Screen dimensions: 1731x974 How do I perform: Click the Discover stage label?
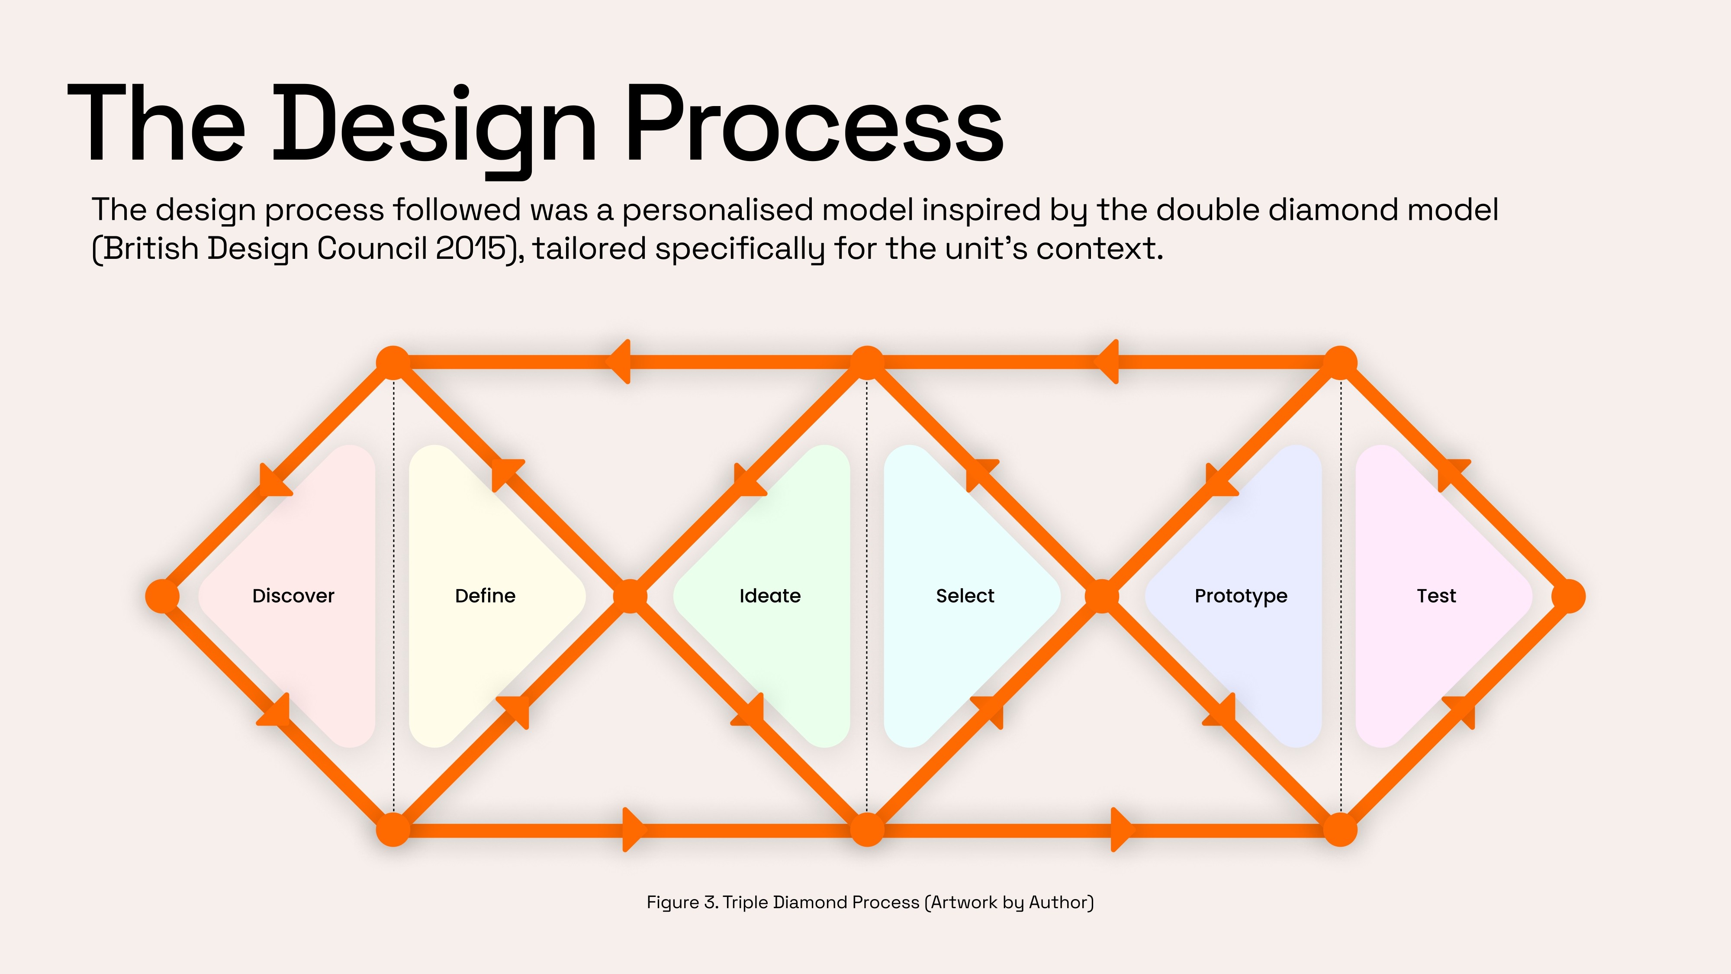point(293,596)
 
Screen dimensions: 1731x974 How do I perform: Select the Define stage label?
point(485,596)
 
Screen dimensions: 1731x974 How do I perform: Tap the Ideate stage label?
point(770,596)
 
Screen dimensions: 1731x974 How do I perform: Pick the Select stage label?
point(965,596)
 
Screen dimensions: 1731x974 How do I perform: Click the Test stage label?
point(1437,596)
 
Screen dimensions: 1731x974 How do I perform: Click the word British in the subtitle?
point(151,249)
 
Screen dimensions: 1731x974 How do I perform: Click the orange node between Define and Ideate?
point(631,596)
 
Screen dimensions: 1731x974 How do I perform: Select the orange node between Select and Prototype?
point(1103,596)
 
